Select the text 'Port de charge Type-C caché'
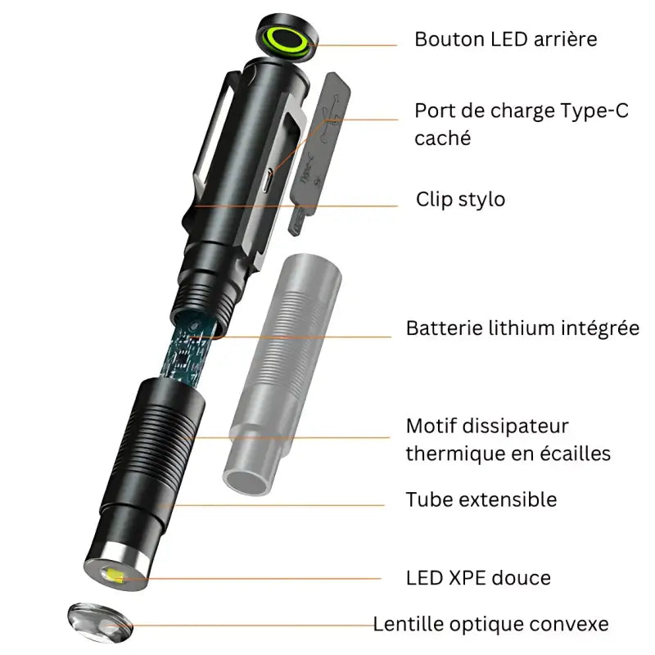pos(521,124)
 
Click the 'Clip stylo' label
pos(460,199)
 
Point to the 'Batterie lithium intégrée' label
pos(522,328)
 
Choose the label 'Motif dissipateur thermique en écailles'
pos(508,440)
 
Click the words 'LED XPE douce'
pos(478,578)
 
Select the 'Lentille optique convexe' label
pos(490,625)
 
